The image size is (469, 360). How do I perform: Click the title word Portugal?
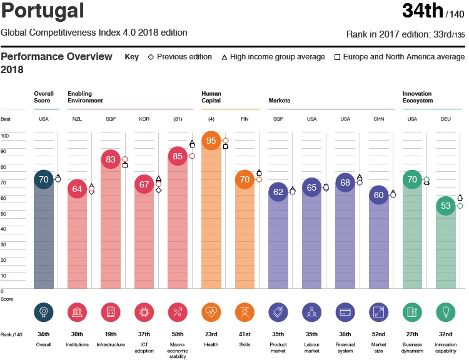pos(42,11)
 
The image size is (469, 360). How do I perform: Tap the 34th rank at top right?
pos(423,11)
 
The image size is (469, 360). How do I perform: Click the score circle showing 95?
pos(211,141)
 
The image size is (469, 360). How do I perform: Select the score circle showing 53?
pos(446,205)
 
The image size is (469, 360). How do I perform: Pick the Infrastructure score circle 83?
pos(111,159)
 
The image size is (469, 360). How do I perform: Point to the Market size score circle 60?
pos(379,194)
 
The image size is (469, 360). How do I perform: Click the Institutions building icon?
pos(77,312)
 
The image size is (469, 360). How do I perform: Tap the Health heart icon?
pos(211,312)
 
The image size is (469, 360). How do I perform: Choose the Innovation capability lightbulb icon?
pos(446,312)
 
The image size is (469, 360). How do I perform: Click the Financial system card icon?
pos(345,312)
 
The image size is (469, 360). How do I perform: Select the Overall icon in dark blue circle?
pos(43,312)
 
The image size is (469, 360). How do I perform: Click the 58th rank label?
pos(178,334)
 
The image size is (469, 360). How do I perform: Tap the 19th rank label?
pos(110,334)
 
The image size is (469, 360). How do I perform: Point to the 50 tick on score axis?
pos(5,214)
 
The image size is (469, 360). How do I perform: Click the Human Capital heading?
pos(211,97)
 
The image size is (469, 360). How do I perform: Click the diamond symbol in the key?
pos(151,57)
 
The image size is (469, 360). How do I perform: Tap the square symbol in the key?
pos(337,57)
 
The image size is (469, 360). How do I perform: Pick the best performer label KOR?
pos(144,119)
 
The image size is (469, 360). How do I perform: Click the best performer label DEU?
pos(446,119)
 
